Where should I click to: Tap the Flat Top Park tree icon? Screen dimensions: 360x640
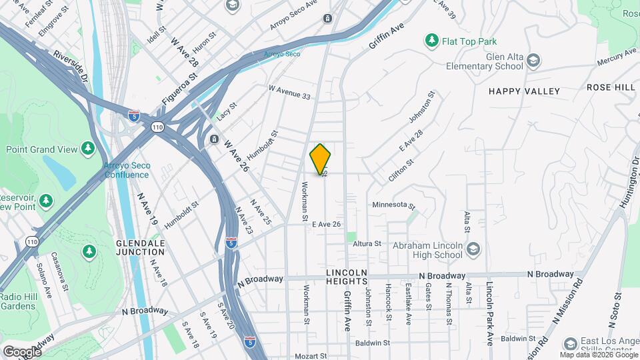tap(432, 41)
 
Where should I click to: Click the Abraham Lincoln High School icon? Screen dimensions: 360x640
tap(473, 249)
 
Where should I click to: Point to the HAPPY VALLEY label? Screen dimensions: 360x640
tap(524, 91)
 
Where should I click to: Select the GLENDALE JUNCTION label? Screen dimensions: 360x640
tap(140, 247)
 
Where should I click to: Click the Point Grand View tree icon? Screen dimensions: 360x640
tap(87, 148)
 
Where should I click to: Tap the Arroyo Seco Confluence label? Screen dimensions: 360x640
tap(127, 170)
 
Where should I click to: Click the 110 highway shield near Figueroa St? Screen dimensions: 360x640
tap(157, 127)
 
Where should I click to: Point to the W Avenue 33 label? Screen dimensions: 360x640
tap(289, 93)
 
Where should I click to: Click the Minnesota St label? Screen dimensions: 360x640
tap(393, 205)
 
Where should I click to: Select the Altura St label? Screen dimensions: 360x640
tap(367, 244)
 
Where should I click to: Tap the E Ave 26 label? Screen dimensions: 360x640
tap(327, 225)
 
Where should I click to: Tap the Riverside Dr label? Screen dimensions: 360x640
tap(71, 67)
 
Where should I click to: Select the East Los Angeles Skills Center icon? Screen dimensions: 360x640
tap(570, 344)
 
